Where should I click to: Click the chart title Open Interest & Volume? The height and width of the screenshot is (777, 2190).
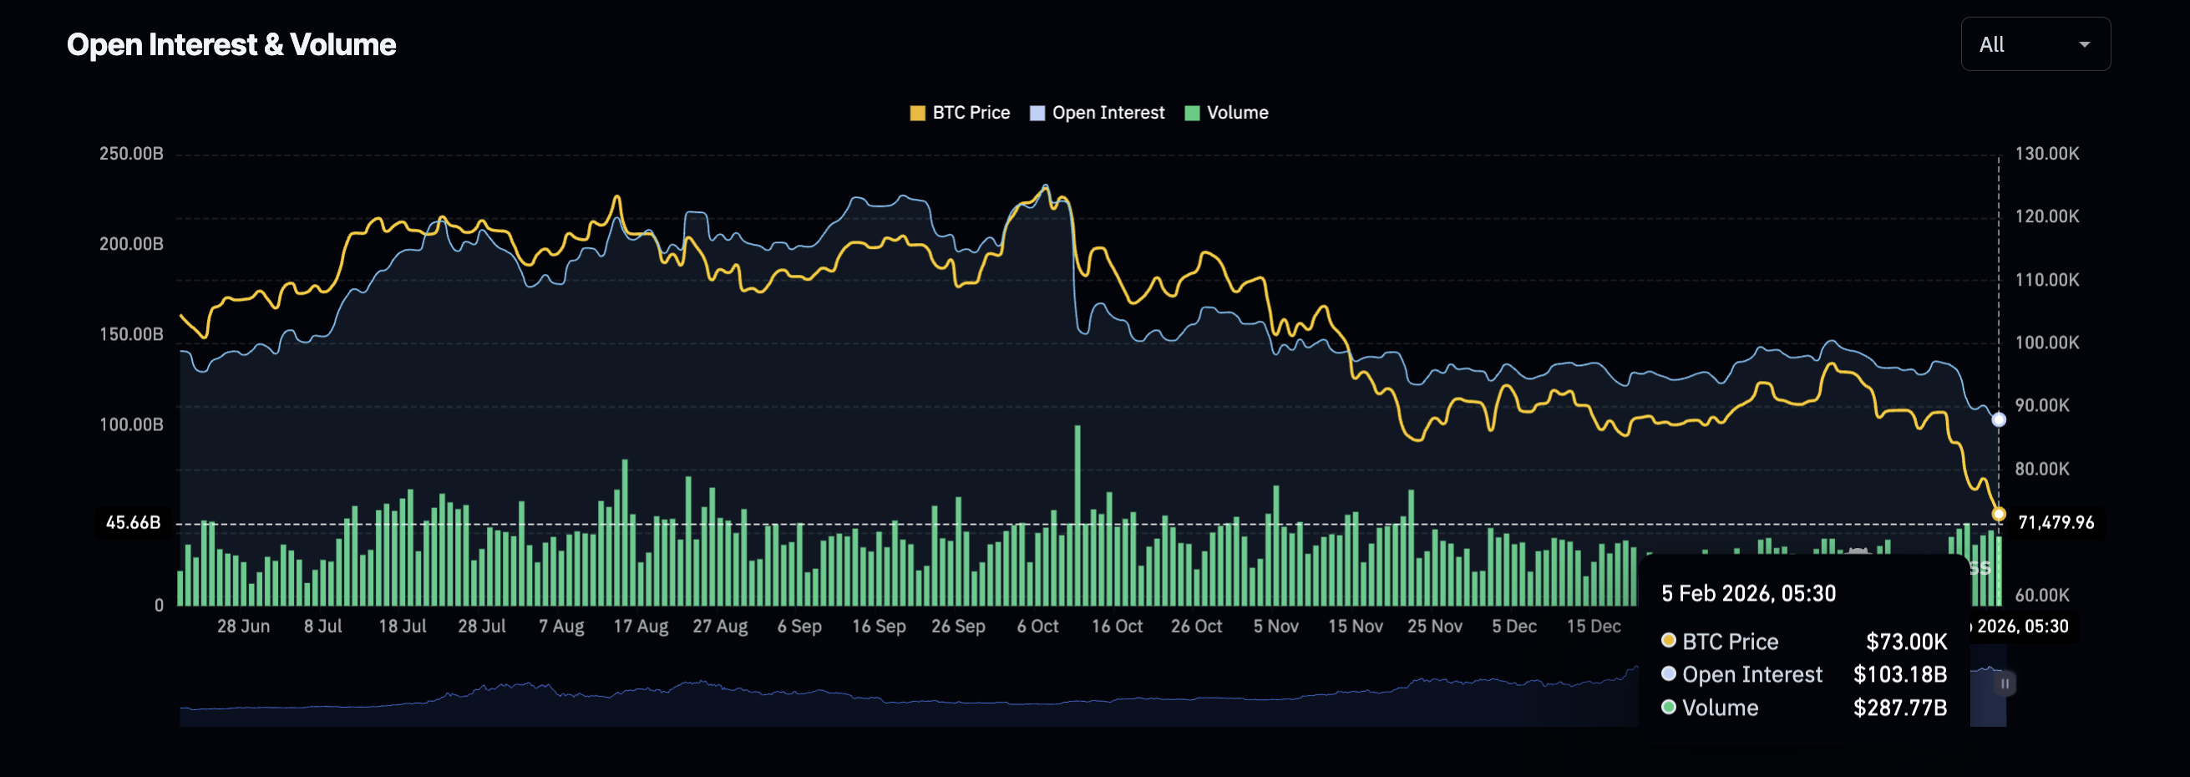(231, 44)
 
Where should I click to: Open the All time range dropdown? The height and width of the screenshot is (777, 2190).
(2035, 44)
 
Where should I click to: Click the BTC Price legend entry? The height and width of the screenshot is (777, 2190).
(960, 113)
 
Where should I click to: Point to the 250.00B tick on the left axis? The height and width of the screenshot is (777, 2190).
(131, 154)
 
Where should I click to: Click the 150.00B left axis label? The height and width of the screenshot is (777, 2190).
(131, 334)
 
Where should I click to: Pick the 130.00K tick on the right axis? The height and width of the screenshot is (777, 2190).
(2046, 154)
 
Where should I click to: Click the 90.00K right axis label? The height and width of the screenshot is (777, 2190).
(2041, 405)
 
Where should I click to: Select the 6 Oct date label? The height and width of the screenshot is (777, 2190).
(1037, 627)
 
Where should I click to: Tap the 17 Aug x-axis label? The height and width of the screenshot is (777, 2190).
(640, 627)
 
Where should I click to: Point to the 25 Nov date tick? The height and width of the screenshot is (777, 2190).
(1434, 627)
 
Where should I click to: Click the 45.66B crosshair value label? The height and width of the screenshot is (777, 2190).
(133, 523)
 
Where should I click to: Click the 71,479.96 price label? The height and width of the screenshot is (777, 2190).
(2055, 523)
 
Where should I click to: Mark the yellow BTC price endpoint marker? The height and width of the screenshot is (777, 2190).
(1999, 515)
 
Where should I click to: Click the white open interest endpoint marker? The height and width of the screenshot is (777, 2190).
(1999, 420)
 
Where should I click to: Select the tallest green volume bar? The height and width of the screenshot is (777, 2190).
(1077, 515)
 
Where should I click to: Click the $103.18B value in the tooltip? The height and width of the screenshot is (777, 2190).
(1899, 675)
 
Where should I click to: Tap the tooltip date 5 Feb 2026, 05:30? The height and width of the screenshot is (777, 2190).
(1748, 593)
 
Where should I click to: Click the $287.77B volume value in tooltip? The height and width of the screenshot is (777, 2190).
(1899, 708)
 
